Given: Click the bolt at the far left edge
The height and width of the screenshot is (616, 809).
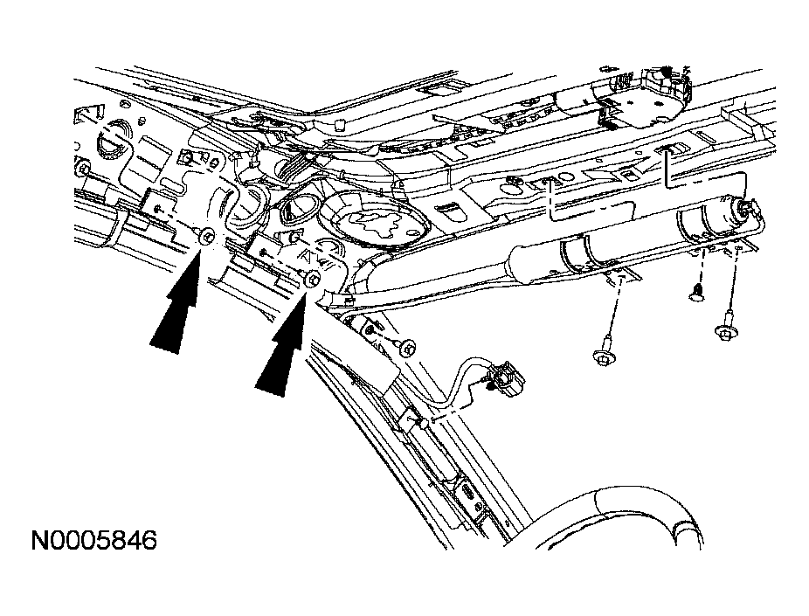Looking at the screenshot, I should [x=81, y=167].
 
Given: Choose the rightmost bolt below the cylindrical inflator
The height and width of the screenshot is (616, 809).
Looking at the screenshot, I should [x=727, y=330].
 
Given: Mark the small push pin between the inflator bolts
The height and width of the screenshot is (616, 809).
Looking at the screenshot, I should [x=696, y=295].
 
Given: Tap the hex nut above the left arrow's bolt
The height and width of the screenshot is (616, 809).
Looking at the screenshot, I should [x=185, y=158].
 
